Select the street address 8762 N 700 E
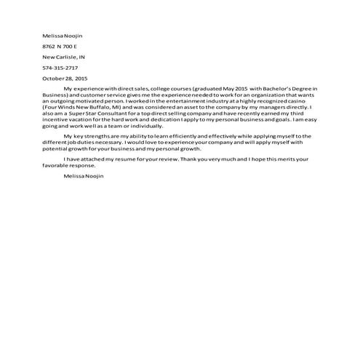point(59,45)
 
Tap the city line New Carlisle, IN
point(64,56)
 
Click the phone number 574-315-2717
point(60,67)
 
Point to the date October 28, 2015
point(65,77)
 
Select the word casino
point(298,100)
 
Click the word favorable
point(55,164)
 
